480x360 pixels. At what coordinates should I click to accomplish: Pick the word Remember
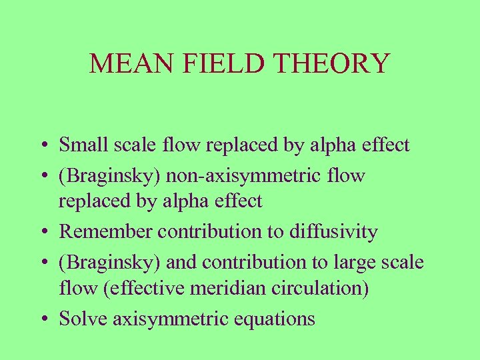coord(105,232)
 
